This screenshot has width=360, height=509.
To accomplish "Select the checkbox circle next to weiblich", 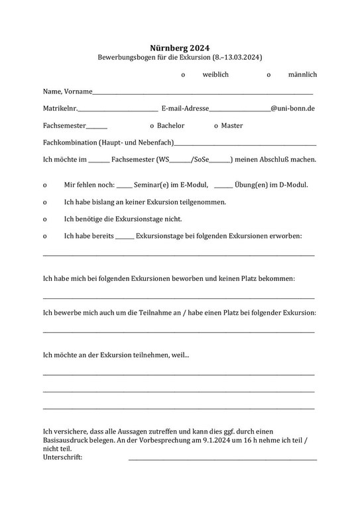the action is [183, 76].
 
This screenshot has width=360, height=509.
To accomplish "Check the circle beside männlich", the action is [269, 76].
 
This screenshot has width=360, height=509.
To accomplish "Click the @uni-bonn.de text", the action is [292, 108].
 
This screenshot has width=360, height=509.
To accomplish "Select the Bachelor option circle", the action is [152, 126].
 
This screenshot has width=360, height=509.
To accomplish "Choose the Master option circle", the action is [216, 126].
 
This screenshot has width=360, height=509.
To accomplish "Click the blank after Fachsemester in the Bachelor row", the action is [96, 127].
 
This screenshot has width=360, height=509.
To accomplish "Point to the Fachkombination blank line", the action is [245, 144].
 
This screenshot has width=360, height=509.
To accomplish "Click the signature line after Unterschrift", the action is [222, 459].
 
